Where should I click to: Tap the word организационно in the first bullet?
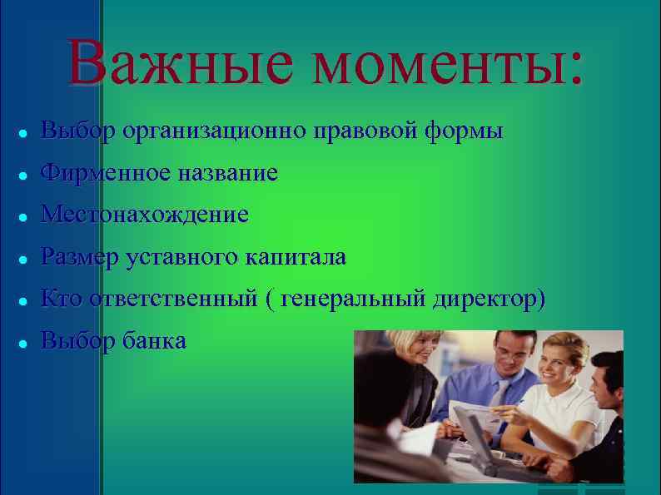click(x=214, y=131)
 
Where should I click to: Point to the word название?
click(x=225, y=173)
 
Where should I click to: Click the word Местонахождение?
click(x=145, y=215)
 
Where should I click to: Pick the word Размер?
click(x=80, y=257)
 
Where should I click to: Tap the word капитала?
click(x=295, y=257)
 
